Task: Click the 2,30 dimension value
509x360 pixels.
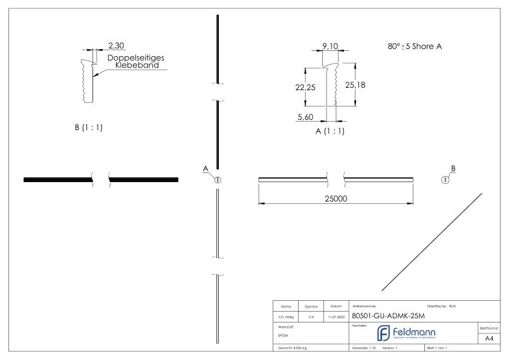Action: coord(117,45)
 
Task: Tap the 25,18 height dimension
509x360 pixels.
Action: coord(356,85)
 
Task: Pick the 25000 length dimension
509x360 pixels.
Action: coord(336,199)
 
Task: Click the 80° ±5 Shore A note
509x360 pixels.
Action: coord(414,46)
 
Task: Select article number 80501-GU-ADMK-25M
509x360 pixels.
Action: coord(391,316)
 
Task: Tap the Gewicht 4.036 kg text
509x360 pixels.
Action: coord(294,349)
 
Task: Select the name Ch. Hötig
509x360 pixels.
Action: coord(286,316)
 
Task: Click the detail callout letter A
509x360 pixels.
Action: coord(206,168)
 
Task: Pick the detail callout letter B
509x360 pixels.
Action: coord(453,168)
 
